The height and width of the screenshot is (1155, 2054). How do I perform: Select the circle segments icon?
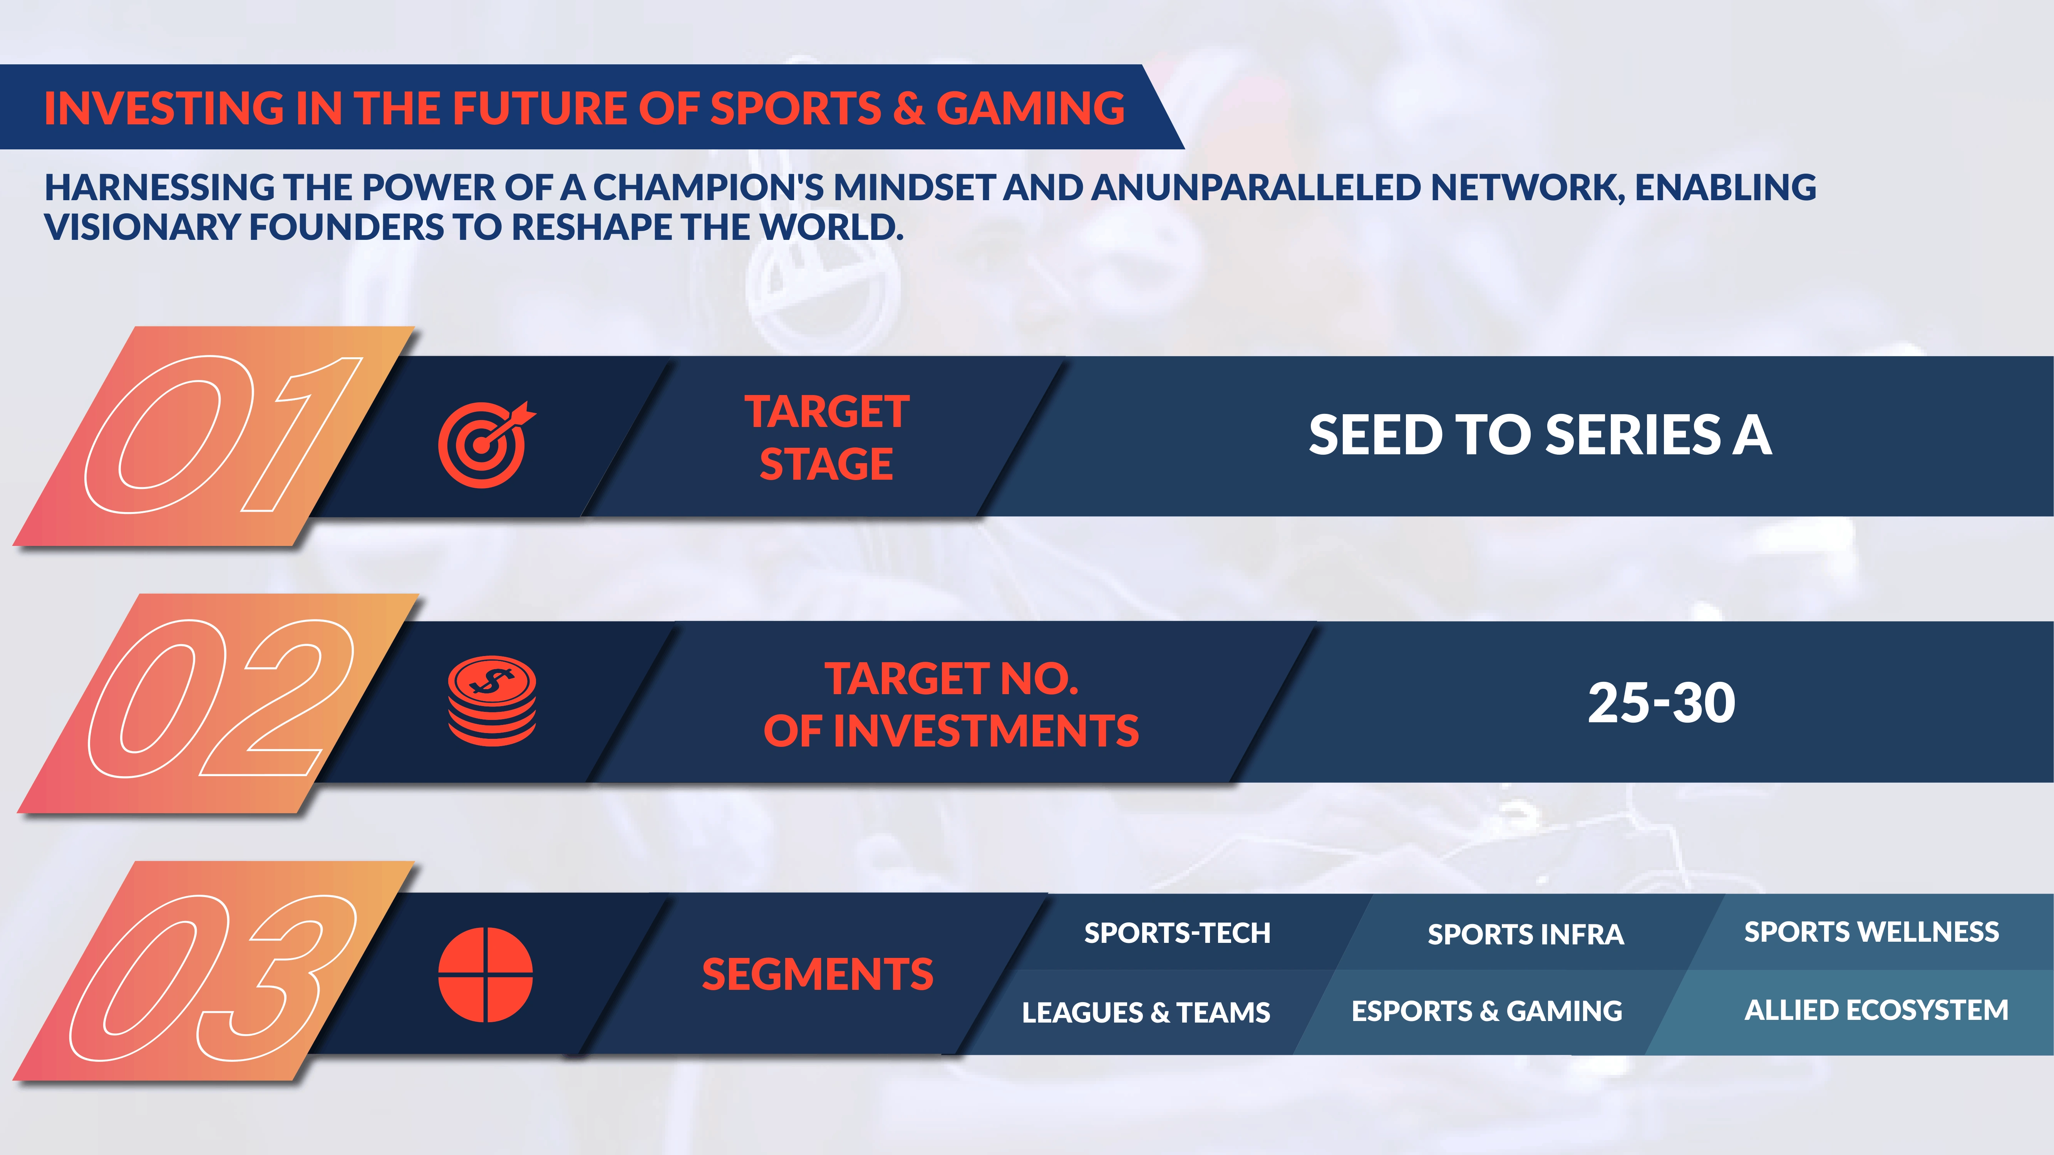click(x=486, y=974)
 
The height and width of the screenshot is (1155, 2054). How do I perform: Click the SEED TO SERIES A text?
click(x=1540, y=435)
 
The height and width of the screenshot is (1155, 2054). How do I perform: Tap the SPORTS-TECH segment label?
click(x=1177, y=932)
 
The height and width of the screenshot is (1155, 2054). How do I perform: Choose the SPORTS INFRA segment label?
click(x=1525, y=934)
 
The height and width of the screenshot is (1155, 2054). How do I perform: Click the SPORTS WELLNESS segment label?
click(x=1871, y=932)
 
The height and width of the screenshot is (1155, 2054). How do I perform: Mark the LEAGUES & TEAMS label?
click(x=1146, y=1012)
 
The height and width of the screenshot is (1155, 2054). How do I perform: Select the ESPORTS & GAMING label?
click(x=1486, y=1011)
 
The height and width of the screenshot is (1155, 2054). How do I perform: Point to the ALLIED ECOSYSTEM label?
click(x=1876, y=1010)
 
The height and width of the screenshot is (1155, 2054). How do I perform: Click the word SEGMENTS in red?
click(x=817, y=974)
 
